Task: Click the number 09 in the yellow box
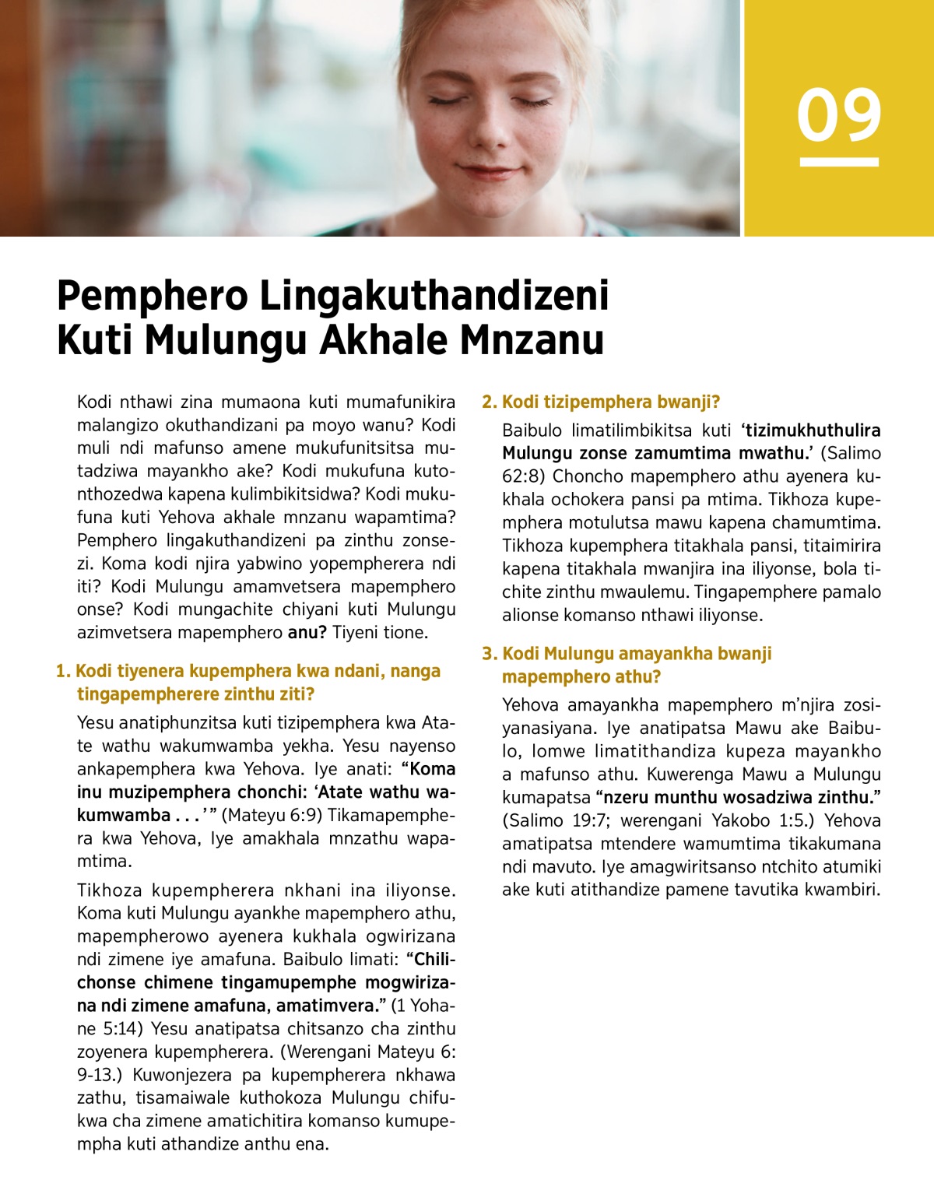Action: click(x=838, y=115)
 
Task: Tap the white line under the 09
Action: click(x=838, y=162)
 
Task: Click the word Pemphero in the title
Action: click(x=153, y=296)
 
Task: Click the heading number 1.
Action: click(x=62, y=671)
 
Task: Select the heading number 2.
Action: click(x=488, y=402)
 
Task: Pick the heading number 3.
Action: click(x=488, y=654)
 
